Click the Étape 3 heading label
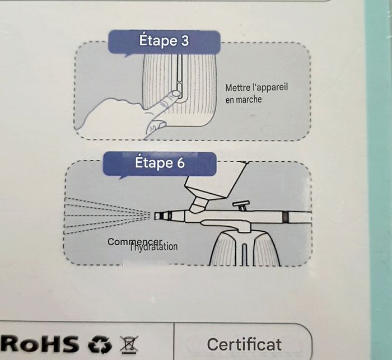pos(164,41)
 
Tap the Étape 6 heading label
pos(160,163)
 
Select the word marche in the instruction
pos(249,100)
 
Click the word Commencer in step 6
pos(134,242)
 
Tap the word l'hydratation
pos(154,247)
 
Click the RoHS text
pos(39,344)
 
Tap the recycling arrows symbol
pos(100,344)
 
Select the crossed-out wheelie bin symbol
pos(129,344)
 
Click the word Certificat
pos(244,344)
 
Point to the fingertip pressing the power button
pos(175,94)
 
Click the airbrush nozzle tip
pos(157,216)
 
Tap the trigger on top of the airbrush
pos(241,205)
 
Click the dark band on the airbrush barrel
pos(285,217)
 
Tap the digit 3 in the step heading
pos(185,41)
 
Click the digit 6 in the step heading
pos(180,163)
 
